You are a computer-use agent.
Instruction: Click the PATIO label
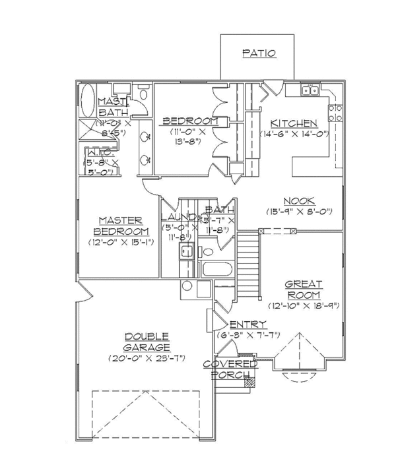coord(259,53)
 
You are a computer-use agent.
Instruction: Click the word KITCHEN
coord(294,123)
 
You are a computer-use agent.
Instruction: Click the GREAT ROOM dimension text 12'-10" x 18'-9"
coord(303,305)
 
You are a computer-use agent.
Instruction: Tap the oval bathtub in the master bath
coord(87,102)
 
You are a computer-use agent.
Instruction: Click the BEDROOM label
coord(190,121)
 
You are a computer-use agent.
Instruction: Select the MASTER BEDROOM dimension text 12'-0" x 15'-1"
coord(121,242)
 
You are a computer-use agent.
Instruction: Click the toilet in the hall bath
coord(208,249)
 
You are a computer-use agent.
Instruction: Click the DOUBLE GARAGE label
coord(147,341)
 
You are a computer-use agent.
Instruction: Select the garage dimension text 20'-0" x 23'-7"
coord(147,358)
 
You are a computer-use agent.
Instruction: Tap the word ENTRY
coord(248,324)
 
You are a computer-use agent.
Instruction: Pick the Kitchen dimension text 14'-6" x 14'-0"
coord(294,135)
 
